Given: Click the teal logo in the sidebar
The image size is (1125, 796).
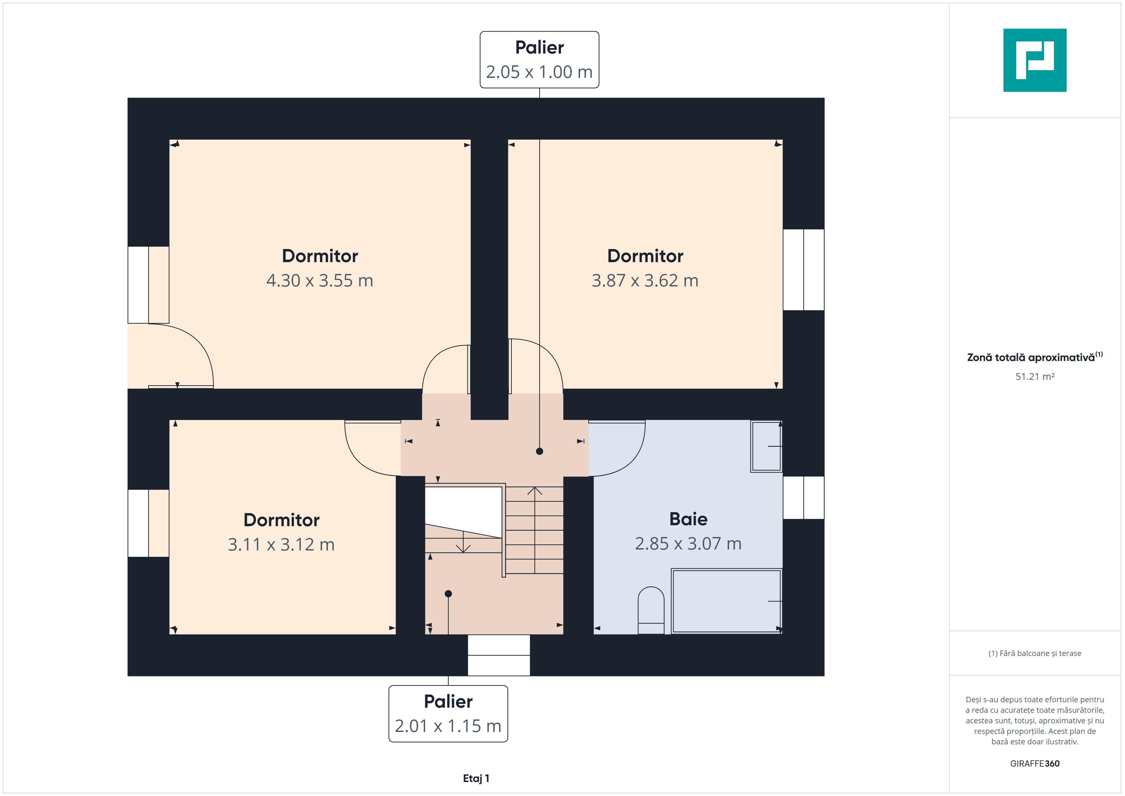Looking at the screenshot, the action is [x=1035, y=60].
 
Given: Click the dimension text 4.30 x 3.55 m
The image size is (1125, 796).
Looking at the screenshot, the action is [x=320, y=280].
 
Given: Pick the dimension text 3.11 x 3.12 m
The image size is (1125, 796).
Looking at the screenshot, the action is [x=281, y=545].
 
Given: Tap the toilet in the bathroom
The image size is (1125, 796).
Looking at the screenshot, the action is [x=651, y=610].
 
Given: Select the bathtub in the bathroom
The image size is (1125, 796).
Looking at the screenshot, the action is [x=727, y=601].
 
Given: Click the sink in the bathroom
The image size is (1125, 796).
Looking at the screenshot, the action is [x=766, y=446].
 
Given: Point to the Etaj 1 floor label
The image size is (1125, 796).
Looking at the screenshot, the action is [x=476, y=778].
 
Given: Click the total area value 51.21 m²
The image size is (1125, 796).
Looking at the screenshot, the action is [x=1035, y=376].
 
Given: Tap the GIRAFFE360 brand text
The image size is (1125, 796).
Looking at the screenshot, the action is [x=1035, y=763].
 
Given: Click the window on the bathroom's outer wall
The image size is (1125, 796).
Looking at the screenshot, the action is [x=804, y=497].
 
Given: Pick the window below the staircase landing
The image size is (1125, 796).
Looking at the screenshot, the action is [x=499, y=655].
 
